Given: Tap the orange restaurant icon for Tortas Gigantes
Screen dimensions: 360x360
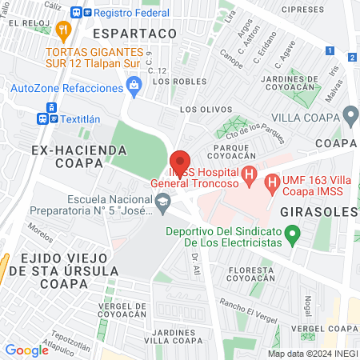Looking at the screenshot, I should [66, 29].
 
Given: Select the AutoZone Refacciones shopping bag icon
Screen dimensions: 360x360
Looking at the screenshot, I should [134, 84].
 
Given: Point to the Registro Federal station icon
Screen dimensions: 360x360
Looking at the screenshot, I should [77, 13].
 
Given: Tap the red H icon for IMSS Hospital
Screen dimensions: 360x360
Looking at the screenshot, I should [250, 174].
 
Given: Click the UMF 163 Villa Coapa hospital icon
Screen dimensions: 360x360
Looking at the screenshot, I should [274, 183].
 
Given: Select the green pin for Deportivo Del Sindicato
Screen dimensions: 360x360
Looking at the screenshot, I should [293, 234].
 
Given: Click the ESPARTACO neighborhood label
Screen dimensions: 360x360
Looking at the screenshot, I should [134, 34].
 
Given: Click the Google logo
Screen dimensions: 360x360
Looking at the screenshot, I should [27, 350].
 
